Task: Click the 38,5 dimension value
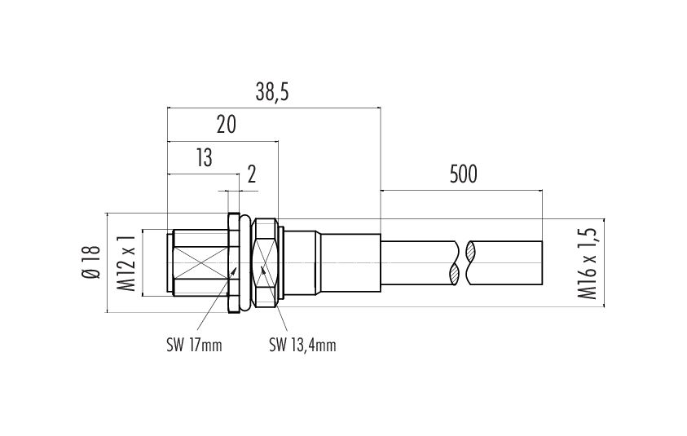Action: [x=272, y=92]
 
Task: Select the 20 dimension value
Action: [x=226, y=125]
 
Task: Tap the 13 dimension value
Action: [x=205, y=158]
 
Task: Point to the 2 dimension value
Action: [x=252, y=175]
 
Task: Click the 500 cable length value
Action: [x=463, y=174]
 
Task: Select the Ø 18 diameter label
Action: [x=91, y=262]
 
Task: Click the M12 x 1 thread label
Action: [x=126, y=262]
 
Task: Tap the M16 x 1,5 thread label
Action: [x=587, y=263]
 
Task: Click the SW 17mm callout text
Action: [x=194, y=346]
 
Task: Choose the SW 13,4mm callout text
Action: [x=302, y=346]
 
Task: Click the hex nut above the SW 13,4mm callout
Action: [x=266, y=262]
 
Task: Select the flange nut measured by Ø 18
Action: [x=234, y=262]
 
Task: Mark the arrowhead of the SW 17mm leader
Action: [x=234, y=272]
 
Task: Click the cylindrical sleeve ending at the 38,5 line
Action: [x=351, y=262]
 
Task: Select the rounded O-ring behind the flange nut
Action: [x=247, y=262]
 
